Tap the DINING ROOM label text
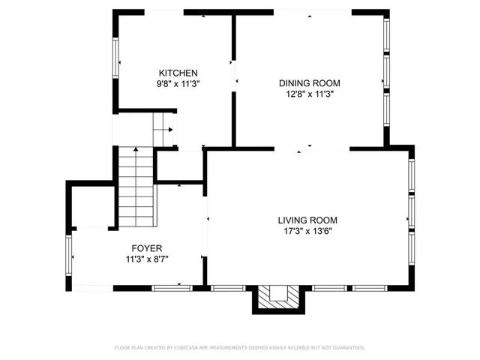[x=310, y=83]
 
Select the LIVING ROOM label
[x=307, y=220]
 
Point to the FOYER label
[x=147, y=248]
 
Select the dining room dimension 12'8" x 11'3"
[x=310, y=94]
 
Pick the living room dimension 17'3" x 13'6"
[x=307, y=232]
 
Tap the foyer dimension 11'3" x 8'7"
[x=147, y=259]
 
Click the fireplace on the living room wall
[x=277, y=297]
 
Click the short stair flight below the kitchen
[x=163, y=130]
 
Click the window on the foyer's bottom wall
[x=172, y=288]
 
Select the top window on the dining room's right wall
[x=386, y=34]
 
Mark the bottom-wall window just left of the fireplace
[x=223, y=288]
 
